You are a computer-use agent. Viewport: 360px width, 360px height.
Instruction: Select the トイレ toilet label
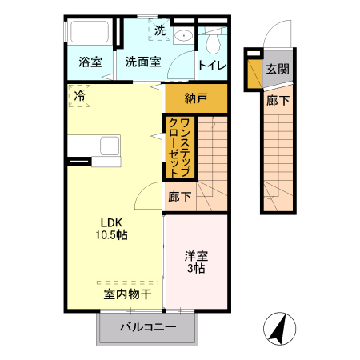212,65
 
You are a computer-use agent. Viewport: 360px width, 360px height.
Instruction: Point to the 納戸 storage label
195,98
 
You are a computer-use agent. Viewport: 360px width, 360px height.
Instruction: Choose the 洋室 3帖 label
195,262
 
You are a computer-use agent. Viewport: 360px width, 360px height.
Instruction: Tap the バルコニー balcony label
148,326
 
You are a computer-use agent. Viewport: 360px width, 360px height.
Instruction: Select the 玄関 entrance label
278,69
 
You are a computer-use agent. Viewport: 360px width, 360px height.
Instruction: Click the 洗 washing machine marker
159,31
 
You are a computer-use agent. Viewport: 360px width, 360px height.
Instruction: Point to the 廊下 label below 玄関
277,100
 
